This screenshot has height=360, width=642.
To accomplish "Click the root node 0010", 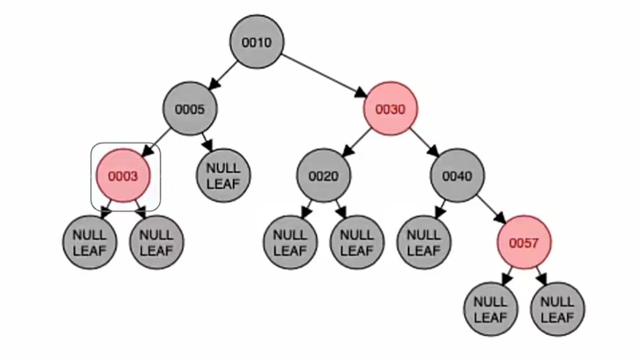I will click(256, 42).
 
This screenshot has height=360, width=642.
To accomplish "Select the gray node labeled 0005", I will click(189, 109).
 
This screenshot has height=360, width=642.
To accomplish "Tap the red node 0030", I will click(390, 109).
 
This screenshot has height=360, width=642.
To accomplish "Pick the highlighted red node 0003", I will click(123, 176).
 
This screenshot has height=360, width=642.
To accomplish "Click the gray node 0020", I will click(323, 176).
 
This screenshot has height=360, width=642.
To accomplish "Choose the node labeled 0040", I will click(457, 176).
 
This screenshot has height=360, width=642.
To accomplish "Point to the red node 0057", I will click(524, 243).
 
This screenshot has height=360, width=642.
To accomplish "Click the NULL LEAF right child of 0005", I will click(223, 176).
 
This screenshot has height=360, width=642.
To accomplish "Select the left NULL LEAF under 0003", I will click(89, 243).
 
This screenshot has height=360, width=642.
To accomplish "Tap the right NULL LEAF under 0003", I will click(156, 243).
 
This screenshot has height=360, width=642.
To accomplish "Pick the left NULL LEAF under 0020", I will click(290, 243).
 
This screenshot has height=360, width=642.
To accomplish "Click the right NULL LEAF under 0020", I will click(357, 243).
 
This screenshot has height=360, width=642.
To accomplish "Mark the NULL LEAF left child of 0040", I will click(423, 243).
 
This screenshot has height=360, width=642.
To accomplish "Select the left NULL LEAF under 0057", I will click(490, 309).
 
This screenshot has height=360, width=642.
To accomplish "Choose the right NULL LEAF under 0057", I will click(557, 309).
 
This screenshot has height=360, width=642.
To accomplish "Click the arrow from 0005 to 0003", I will click(156, 143).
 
